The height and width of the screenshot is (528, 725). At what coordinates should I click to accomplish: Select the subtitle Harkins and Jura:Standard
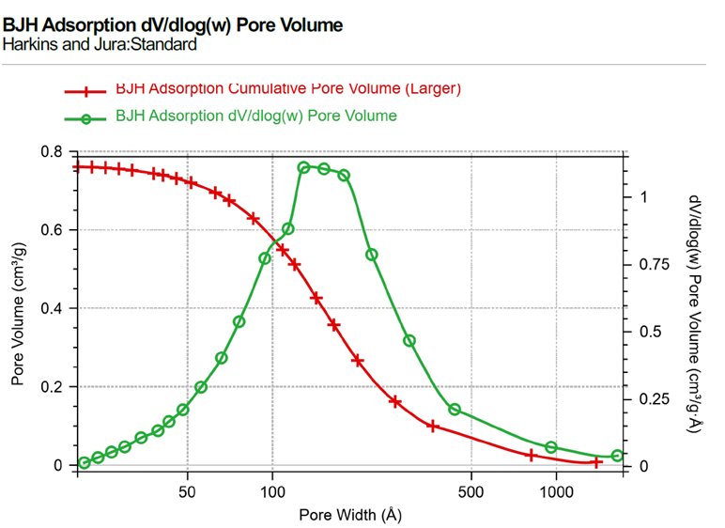100,43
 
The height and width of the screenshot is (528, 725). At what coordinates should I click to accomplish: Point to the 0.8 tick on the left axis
53,152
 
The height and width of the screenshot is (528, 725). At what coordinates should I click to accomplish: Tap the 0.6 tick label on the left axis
53,230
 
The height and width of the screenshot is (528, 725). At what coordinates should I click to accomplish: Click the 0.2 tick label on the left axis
53,387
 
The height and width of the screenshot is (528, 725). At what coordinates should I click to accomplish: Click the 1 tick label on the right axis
643,197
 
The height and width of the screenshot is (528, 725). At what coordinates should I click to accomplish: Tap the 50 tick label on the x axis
188,489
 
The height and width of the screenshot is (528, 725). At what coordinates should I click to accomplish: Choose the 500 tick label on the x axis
471,489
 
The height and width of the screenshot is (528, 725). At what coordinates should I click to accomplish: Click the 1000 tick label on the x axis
556,489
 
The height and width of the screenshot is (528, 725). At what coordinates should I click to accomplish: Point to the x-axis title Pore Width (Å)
348,514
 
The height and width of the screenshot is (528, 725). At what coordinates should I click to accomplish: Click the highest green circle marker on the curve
304,168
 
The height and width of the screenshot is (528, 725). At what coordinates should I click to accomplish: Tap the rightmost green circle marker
617,456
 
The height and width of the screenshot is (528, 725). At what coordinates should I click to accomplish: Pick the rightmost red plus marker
595,461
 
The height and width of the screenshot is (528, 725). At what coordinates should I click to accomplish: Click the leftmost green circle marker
85,462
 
